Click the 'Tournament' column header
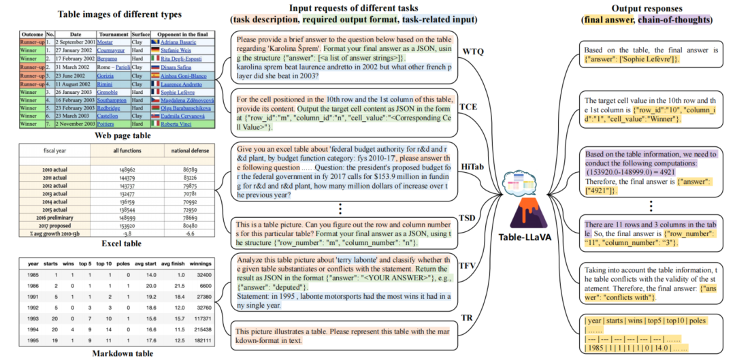(x=112, y=33)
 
